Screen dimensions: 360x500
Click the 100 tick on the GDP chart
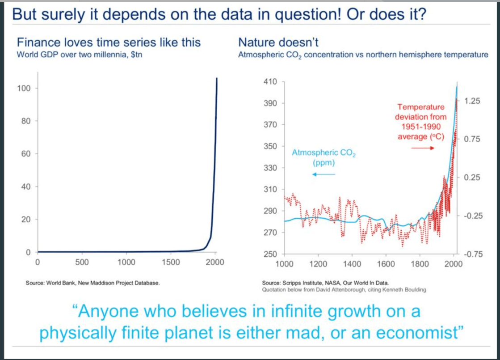(x=24, y=88)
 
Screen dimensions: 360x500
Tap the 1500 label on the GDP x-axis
(x=171, y=263)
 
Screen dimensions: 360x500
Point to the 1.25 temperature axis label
(x=472, y=102)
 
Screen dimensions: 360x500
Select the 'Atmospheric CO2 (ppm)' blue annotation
(x=324, y=157)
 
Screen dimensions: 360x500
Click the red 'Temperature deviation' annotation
(x=420, y=122)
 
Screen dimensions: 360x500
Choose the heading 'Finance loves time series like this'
(x=109, y=42)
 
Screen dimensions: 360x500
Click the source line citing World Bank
(x=92, y=283)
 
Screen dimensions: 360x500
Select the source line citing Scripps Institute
(x=325, y=283)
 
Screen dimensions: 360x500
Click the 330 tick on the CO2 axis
(x=271, y=168)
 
